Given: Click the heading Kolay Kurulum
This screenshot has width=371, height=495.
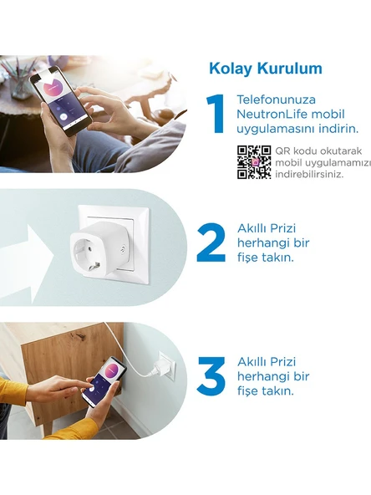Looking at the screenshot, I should (x=265, y=69).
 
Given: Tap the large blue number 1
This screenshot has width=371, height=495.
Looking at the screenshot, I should (x=216, y=115).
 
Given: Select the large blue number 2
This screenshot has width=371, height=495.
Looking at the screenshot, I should (x=211, y=242).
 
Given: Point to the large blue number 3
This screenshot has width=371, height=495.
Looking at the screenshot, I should (x=211, y=376).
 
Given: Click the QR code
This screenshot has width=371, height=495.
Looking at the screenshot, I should (x=254, y=162).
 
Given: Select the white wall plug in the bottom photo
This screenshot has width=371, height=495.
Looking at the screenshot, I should (x=166, y=366).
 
